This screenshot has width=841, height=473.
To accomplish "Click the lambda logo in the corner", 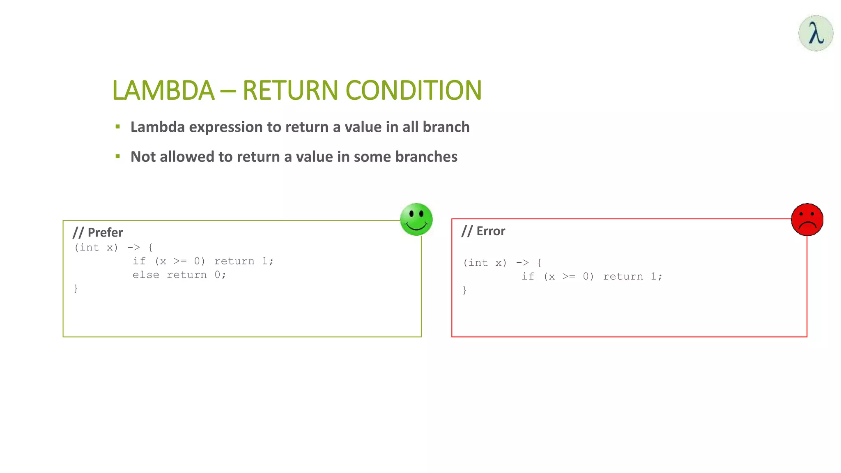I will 816,33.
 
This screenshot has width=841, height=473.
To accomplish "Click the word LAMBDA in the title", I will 163,90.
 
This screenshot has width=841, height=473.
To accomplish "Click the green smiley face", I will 416,219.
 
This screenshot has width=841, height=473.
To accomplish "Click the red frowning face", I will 807,220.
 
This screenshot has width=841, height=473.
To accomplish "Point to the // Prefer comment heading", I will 98,232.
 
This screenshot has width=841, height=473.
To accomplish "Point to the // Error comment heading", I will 483,231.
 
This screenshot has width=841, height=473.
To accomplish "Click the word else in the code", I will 146,275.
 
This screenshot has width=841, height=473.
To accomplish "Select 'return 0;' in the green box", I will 196,275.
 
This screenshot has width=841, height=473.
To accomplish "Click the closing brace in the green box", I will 76,288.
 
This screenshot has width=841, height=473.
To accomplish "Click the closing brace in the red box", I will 464,290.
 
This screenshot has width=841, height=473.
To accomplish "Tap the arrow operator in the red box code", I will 522,263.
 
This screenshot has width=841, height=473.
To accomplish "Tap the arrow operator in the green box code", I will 133,248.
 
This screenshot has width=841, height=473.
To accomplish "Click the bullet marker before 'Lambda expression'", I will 118,127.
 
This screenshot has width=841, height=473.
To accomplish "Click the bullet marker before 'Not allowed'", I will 118,156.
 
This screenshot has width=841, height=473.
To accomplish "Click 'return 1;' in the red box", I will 632,277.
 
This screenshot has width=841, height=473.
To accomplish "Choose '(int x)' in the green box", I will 96,248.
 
